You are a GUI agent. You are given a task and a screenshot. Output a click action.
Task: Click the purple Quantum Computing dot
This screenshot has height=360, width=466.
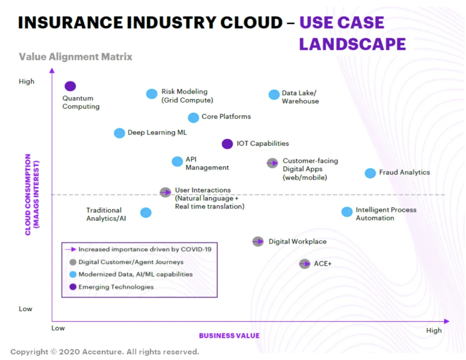(x=70, y=86)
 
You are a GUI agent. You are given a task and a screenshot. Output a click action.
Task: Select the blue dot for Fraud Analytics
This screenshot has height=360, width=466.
(x=370, y=173)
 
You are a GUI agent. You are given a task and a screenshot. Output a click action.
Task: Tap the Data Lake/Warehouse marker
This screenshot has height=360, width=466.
(x=274, y=94)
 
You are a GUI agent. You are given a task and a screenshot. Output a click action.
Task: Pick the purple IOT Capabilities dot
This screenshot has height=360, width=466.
(x=227, y=144)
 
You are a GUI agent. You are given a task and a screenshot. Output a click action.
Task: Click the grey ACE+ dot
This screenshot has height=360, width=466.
(x=304, y=264)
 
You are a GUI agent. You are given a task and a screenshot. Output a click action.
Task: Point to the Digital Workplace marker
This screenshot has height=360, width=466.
(x=258, y=241)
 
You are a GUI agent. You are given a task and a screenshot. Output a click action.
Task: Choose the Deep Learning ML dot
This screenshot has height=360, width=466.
(x=119, y=133)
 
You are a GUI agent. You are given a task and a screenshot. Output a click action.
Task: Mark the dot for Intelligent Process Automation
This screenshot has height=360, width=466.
(x=347, y=212)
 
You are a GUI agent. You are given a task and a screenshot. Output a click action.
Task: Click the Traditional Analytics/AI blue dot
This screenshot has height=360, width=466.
(x=146, y=212)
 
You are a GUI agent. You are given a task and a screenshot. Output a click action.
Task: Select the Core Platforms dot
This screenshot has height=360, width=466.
(x=193, y=117)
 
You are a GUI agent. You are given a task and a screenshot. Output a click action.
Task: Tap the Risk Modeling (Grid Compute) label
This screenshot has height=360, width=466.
(x=187, y=96)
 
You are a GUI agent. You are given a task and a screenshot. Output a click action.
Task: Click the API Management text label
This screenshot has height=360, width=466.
(x=207, y=164)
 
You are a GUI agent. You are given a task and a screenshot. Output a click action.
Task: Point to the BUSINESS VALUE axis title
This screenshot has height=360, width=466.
(x=229, y=336)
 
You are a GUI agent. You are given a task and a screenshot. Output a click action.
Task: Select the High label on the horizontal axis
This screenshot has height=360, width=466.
(x=434, y=330)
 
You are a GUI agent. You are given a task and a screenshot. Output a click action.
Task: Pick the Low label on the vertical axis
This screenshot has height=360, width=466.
(x=25, y=309)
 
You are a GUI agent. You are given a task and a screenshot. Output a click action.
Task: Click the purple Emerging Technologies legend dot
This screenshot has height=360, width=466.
(x=73, y=287)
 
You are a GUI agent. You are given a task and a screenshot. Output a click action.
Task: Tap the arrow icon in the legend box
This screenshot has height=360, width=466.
(x=71, y=249)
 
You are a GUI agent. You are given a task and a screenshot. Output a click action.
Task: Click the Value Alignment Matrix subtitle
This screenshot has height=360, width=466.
(x=76, y=57)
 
